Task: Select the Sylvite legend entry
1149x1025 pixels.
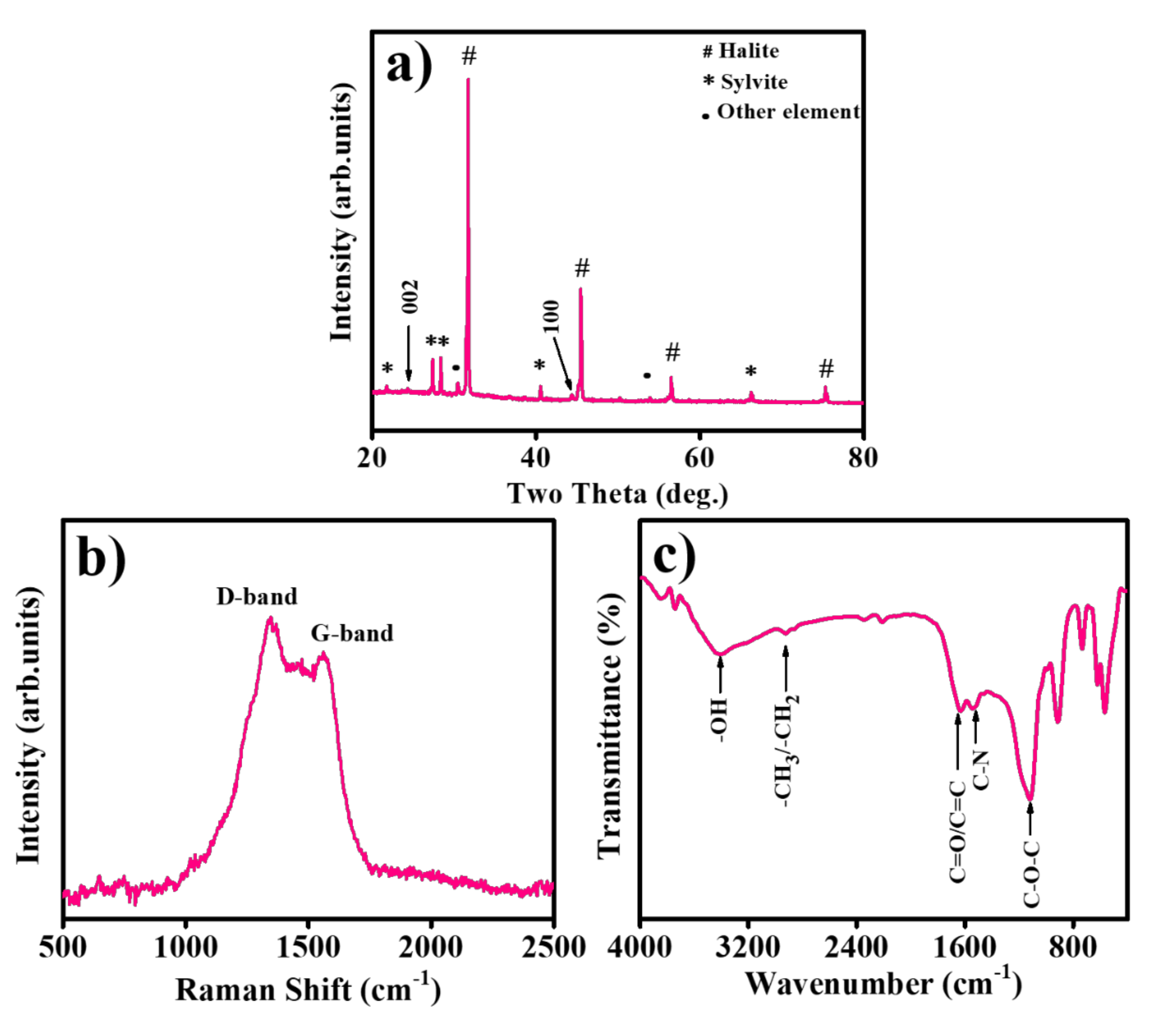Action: pos(746,82)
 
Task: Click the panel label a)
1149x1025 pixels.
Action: pos(410,66)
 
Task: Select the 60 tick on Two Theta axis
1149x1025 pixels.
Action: pos(699,458)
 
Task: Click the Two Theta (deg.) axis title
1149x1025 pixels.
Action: pos(618,494)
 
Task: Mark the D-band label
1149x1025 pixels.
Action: pos(257,597)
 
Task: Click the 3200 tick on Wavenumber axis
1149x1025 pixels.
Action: pos(748,947)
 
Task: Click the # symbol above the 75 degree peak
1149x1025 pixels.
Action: pos(826,369)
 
